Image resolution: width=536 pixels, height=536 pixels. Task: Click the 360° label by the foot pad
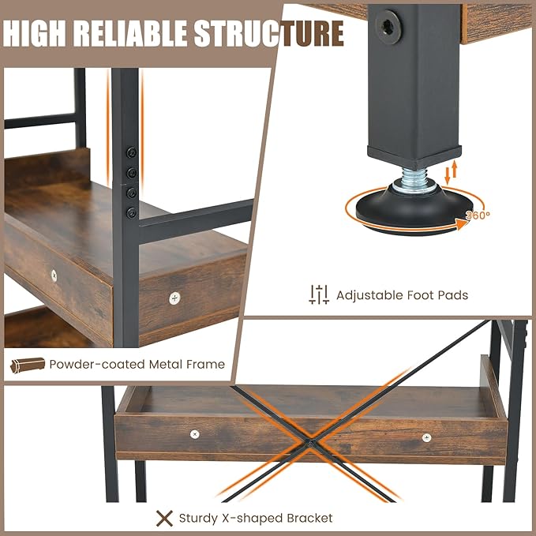477,214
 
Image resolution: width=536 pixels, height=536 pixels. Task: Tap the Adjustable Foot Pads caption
402,295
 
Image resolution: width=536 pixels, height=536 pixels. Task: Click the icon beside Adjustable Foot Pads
318,294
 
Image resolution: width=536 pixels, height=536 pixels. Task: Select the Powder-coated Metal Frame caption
137,364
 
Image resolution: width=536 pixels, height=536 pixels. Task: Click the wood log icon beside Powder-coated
28,365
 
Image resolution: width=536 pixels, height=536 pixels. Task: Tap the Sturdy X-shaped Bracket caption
255,518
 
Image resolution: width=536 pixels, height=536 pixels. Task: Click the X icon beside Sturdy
164,518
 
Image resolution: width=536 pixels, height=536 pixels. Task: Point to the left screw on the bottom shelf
195,433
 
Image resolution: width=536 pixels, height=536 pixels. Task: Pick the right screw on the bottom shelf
426,437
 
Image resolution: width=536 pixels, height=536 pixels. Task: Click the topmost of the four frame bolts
132,152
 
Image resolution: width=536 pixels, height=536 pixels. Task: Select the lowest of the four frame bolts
132,212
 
